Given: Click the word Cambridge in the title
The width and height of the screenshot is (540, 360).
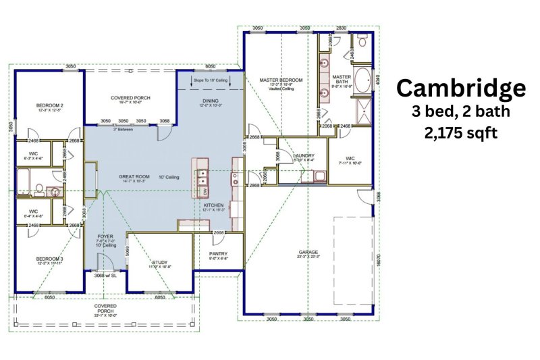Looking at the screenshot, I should tap(460, 88).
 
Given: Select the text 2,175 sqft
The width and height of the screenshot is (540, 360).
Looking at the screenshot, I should tap(460, 133).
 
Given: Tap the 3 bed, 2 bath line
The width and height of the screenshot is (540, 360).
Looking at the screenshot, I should tap(460, 111).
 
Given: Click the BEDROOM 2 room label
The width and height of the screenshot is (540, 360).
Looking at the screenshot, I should tap(50, 105).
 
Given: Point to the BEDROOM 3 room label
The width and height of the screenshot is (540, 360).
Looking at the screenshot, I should tap(50, 259).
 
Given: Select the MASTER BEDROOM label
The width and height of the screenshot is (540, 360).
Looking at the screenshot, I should tap(281, 80).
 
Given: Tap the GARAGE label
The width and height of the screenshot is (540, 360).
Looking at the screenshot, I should tap(308, 253).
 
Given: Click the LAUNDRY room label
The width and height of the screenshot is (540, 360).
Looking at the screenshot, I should tap(304, 155).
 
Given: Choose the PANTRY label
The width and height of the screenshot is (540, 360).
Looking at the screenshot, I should tap(218, 253).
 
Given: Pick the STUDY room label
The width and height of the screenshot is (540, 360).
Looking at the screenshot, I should tap(160, 263).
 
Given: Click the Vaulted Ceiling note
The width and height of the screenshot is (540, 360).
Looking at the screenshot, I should tap(281, 88).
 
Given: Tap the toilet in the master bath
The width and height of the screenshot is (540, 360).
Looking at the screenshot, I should tap(362, 41).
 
